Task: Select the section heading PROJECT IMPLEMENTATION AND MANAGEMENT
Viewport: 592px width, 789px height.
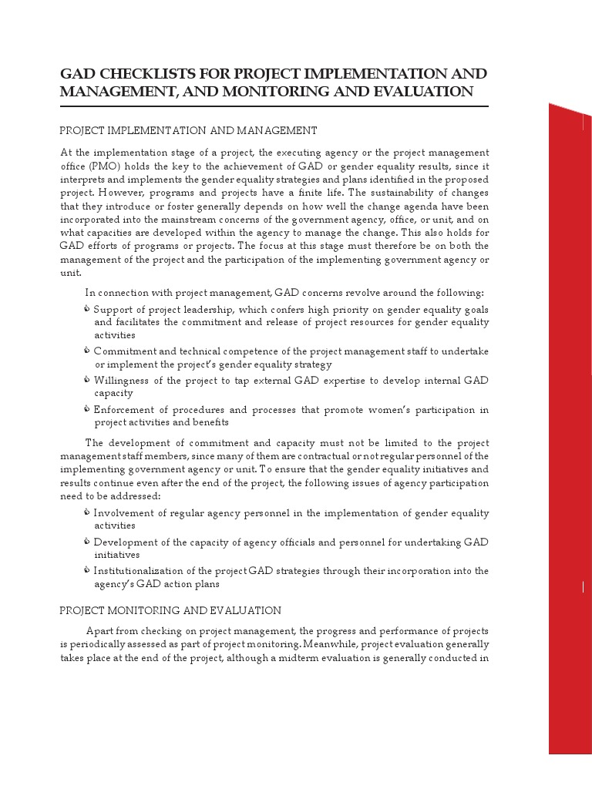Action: point(188,130)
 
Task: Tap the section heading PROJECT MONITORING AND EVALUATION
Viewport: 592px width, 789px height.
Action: point(170,610)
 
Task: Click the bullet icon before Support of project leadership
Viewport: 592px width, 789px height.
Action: point(87,309)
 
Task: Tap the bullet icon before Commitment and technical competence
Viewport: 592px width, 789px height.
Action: point(87,351)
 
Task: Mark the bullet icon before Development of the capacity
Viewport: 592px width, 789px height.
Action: point(87,542)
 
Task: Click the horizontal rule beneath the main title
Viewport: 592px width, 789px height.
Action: point(274,106)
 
